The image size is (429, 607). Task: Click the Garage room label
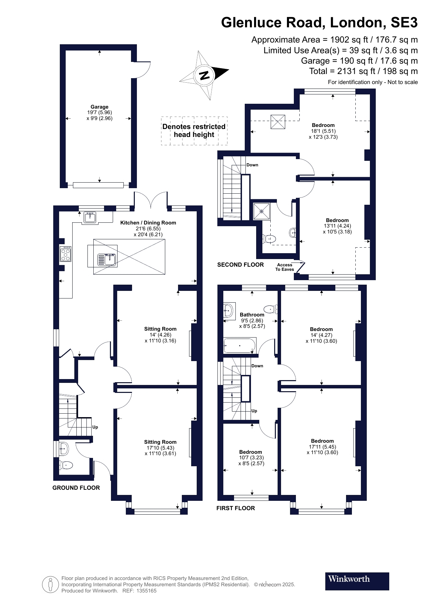pyautogui.click(x=99, y=107)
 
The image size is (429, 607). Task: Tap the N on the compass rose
pyautogui.click(x=205, y=75)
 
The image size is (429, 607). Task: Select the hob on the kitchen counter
pyautogui.click(x=65, y=254)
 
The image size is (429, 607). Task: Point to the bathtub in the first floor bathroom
pyautogui.click(x=240, y=345)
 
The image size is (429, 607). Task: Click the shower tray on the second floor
pyautogui.click(x=261, y=211)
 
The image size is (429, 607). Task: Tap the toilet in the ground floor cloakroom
pyautogui.click(x=66, y=465)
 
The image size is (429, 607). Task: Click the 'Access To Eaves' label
pyautogui.click(x=285, y=267)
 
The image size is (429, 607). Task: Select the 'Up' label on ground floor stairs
pyautogui.click(x=95, y=427)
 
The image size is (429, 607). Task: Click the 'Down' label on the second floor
pyautogui.click(x=252, y=165)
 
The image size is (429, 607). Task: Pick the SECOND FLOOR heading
pyautogui.click(x=240, y=265)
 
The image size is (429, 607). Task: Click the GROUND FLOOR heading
pyautogui.click(x=76, y=488)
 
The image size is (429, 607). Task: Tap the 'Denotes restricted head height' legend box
pyautogui.click(x=194, y=131)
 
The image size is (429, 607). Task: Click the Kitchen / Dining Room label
pyautogui.click(x=148, y=223)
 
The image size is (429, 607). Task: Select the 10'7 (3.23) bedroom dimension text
pyautogui.click(x=251, y=458)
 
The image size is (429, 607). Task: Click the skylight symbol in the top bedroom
pyautogui.click(x=278, y=122)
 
